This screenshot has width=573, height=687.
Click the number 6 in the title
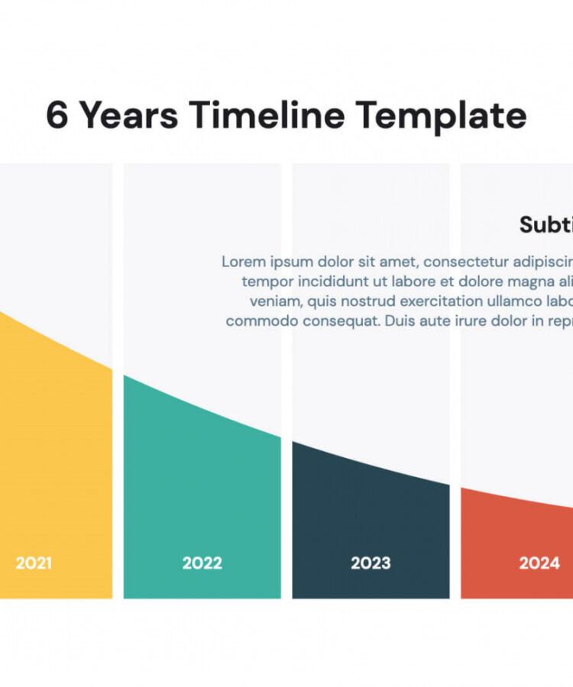click(x=57, y=116)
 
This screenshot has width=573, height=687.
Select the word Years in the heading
click(x=129, y=116)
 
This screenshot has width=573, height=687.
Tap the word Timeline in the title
click(x=267, y=116)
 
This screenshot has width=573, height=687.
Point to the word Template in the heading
click(x=441, y=116)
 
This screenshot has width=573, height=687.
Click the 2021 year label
click(x=34, y=563)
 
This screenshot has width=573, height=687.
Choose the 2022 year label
click(x=202, y=563)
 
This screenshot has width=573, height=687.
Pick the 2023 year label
click(x=371, y=563)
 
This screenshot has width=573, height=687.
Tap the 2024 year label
click(x=539, y=563)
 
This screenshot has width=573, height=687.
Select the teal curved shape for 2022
click(x=202, y=489)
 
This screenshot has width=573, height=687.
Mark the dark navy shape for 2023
click(x=371, y=519)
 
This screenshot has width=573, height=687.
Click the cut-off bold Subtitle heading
click(x=545, y=224)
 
